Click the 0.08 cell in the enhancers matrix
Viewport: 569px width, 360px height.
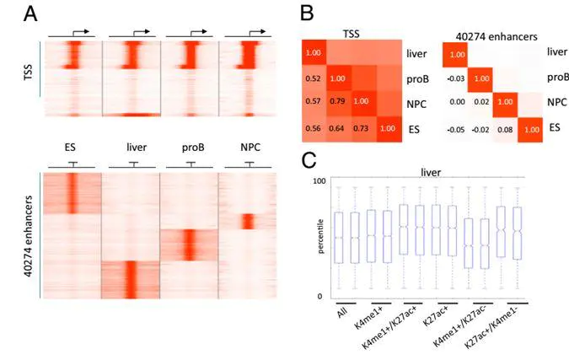505,130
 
